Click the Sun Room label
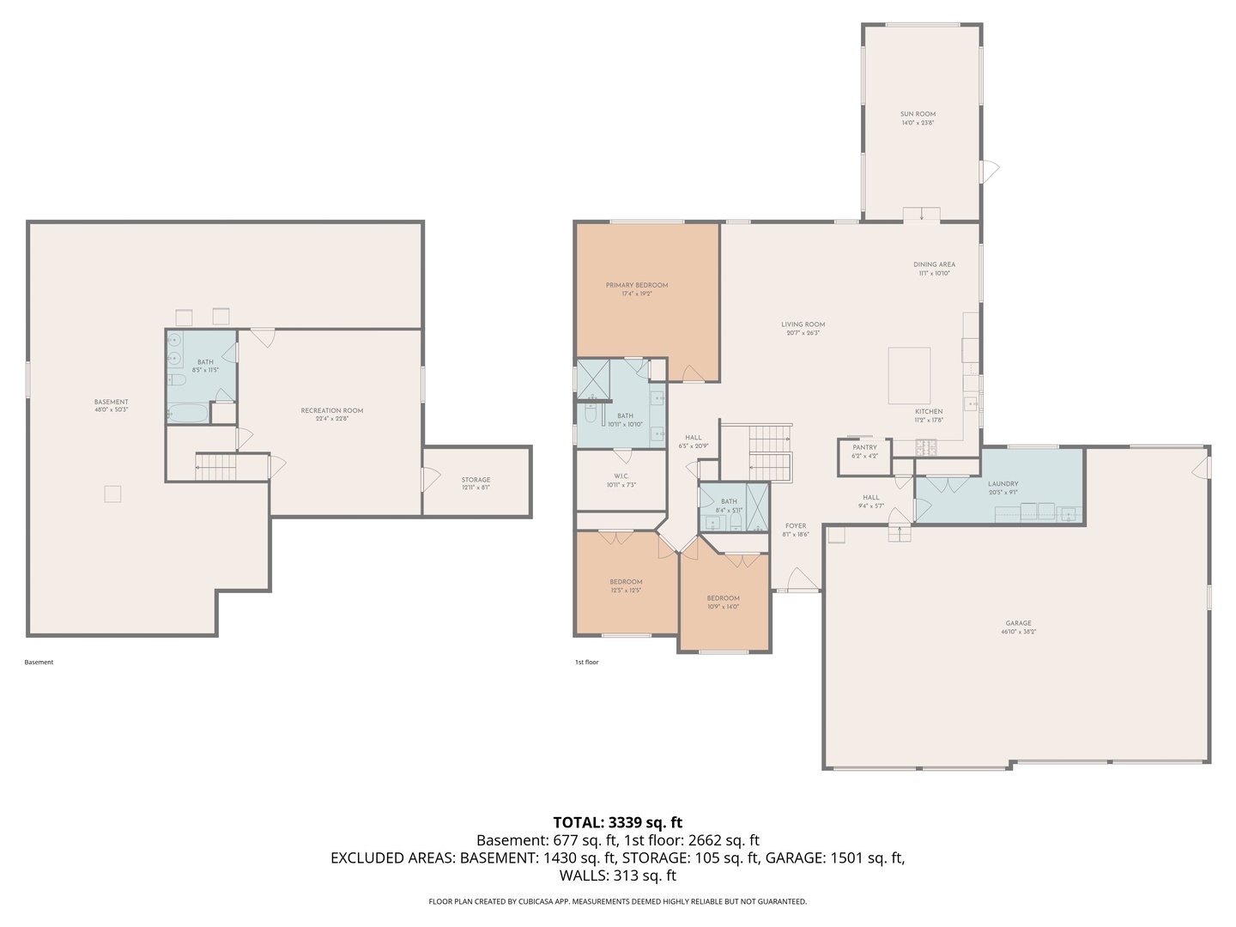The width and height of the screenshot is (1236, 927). tap(918, 114)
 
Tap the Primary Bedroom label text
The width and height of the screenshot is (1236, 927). tap(636, 285)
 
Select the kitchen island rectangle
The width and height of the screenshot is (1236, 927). tap(909, 375)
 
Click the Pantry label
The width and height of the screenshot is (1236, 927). tap(864, 447)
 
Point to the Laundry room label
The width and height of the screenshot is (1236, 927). tap(1003, 484)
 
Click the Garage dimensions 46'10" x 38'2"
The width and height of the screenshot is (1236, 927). tap(1018, 632)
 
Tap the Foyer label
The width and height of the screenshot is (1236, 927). tap(796, 526)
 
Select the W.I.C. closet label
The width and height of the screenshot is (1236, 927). tap(621, 476)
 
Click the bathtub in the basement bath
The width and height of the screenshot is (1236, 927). tap(188, 414)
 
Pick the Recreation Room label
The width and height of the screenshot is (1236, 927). tap(331, 410)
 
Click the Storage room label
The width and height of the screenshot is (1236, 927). tap(476, 480)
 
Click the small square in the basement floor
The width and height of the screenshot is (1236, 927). tap(112, 494)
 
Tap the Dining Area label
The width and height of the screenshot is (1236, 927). tap(934, 264)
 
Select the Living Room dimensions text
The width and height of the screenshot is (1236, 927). tap(803, 333)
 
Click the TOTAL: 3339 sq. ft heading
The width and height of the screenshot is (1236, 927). tap(617, 822)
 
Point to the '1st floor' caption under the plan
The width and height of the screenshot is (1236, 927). tap(586, 662)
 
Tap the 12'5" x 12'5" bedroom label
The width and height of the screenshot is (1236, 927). tap(626, 591)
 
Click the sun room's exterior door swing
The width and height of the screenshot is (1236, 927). tap(991, 170)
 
